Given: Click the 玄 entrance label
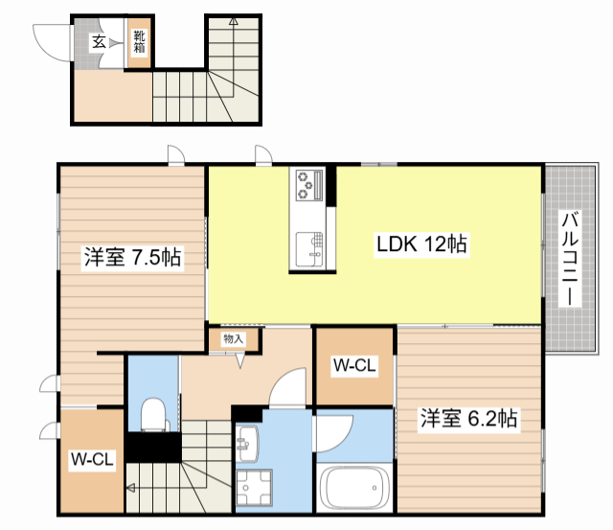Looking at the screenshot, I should (x=99, y=41).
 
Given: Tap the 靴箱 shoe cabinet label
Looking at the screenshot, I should (x=139, y=42).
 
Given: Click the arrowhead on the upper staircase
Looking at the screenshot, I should (x=234, y=19).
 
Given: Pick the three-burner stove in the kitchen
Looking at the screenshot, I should (x=309, y=185).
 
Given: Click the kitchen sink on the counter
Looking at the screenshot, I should (x=309, y=247).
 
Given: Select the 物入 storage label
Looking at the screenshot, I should (x=234, y=339).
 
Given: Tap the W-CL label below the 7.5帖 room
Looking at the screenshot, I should (x=93, y=460).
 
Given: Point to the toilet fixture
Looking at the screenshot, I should (x=153, y=416).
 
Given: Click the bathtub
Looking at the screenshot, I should (x=354, y=489).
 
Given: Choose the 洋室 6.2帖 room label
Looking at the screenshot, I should (x=469, y=418).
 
